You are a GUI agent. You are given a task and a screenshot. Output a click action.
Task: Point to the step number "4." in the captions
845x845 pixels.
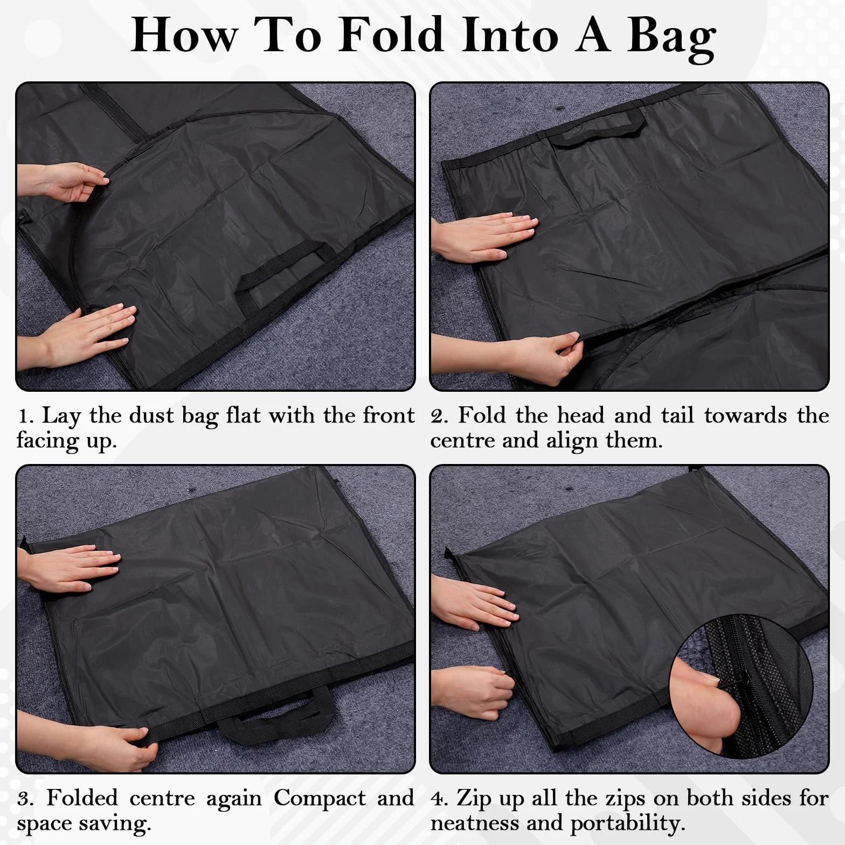pos(440,799)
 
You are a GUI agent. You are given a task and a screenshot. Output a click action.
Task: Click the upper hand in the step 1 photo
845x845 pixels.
pos(62,184)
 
